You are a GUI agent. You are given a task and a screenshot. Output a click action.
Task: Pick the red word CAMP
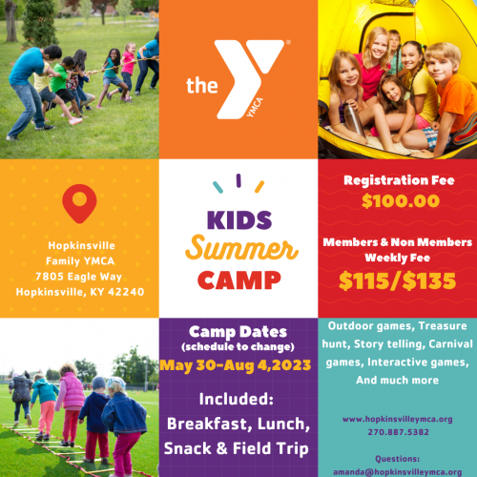238,280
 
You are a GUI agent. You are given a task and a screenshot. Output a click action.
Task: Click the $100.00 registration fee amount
396,201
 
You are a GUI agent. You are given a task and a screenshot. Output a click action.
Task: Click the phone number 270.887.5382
397,430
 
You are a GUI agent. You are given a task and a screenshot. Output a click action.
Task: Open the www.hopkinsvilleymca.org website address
397,418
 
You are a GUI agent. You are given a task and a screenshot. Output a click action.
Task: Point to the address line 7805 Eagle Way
79,276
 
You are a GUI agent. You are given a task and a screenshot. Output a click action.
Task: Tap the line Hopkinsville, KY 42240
79,291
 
